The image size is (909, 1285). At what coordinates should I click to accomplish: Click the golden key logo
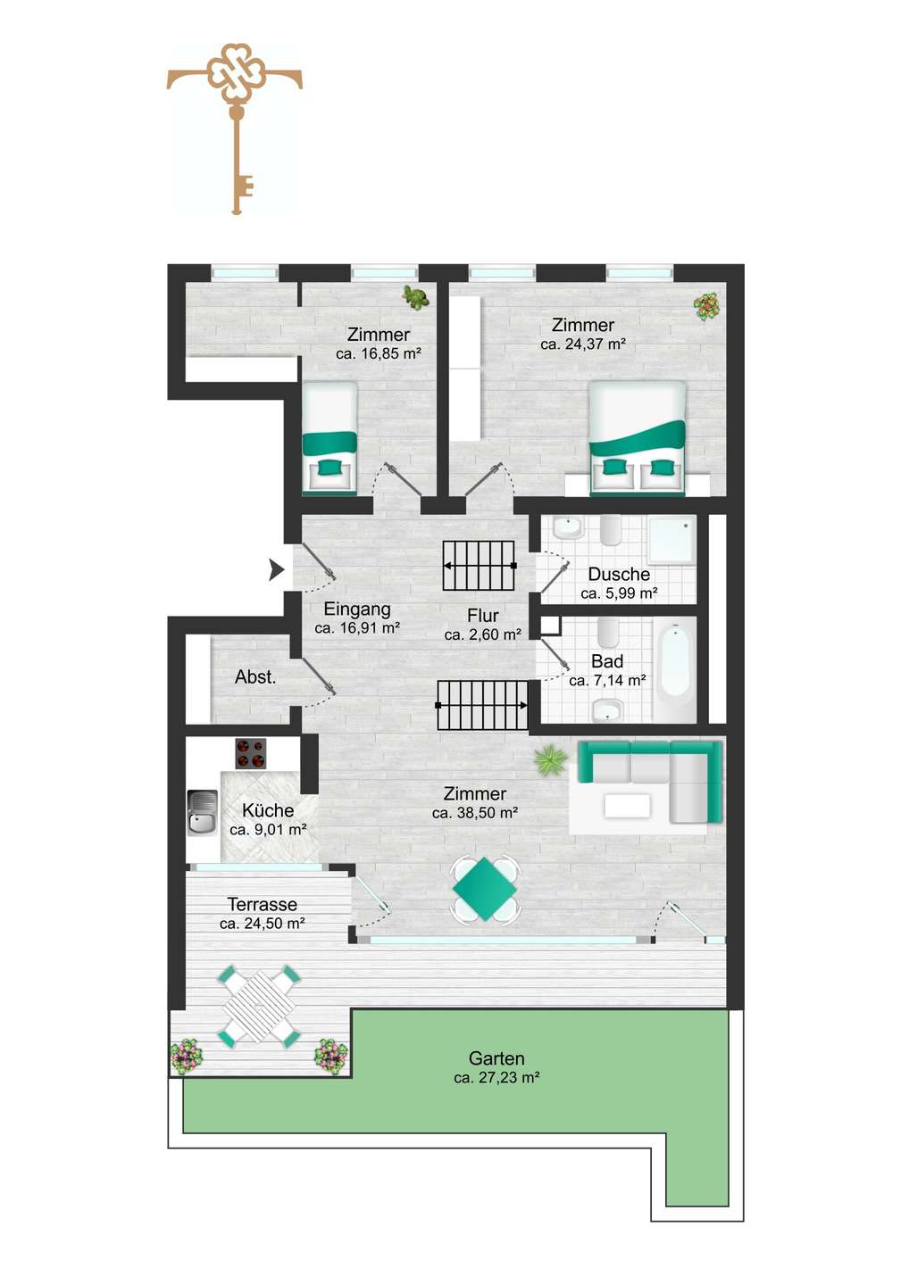[x=235, y=128]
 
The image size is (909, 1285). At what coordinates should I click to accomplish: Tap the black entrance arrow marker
[x=277, y=570]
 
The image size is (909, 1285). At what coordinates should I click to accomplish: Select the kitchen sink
[x=203, y=812]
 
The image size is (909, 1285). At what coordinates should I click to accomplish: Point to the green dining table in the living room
[x=485, y=889]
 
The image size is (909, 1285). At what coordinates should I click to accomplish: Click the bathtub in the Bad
[x=675, y=669]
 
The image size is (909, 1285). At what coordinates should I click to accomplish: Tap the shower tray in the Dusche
[x=672, y=541]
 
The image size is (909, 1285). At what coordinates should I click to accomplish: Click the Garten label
[x=496, y=1058]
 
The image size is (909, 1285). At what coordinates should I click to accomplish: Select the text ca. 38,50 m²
[x=475, y=813]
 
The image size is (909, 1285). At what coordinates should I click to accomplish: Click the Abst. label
[x=255, y=677]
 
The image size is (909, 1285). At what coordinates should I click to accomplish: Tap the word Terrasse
[x=263, y=905]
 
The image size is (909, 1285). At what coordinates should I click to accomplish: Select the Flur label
[x=482, y=616]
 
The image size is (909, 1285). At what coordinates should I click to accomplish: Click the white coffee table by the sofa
[x=627, y=806]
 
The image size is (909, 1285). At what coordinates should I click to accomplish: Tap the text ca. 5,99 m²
[x=619, y=593]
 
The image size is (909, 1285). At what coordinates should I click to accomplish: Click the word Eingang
[x=357, y=609]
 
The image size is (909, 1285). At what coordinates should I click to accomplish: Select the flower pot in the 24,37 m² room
[x=706, y=306]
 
